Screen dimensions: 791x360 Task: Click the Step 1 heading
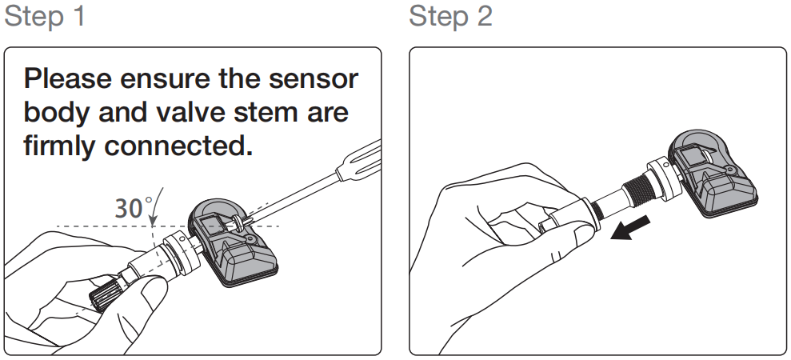pyautogui.click(x=45, y=16)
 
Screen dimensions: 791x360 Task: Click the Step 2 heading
pyautogui.click(x=450, y=16)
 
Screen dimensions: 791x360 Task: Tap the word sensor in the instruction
pyautogui.click(x=314, y=79)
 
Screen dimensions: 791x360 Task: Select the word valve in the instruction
pyautogui.click(x=190, y=112)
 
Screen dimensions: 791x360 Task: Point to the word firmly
pyautogui.click(x=59, y=146)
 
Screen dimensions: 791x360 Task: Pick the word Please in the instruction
pyautogui.click(x=68, y=79)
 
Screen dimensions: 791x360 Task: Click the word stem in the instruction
pyautogui.click(x=266, y=113)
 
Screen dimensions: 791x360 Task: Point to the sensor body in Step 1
pyautogui.click(x=233, y=243)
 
